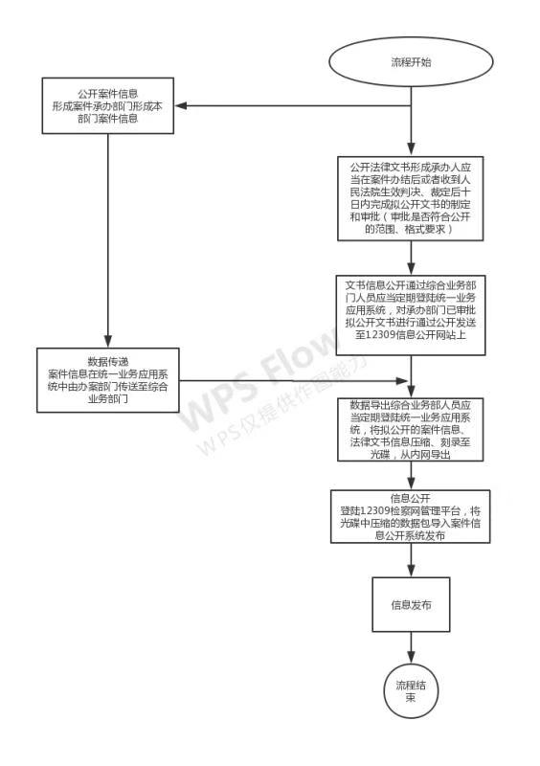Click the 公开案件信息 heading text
coord(107,94)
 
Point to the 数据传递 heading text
coord(107,362)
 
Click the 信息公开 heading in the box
coord(411,498)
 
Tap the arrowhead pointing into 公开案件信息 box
coord(181,105)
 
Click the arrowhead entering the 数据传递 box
coord(107,342)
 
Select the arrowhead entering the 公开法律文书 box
coord(411,149)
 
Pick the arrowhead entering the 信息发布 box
coord(411,571)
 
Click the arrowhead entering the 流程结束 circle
coord(411,657)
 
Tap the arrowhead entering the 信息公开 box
coord(411,484)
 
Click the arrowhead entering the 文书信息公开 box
coord(411,269)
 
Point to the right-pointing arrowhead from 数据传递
coord(402,381)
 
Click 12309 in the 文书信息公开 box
coord(380,335)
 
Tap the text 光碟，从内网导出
coord(411,454)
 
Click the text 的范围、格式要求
coord(411,229)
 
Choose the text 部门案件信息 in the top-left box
coord(107,119)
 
